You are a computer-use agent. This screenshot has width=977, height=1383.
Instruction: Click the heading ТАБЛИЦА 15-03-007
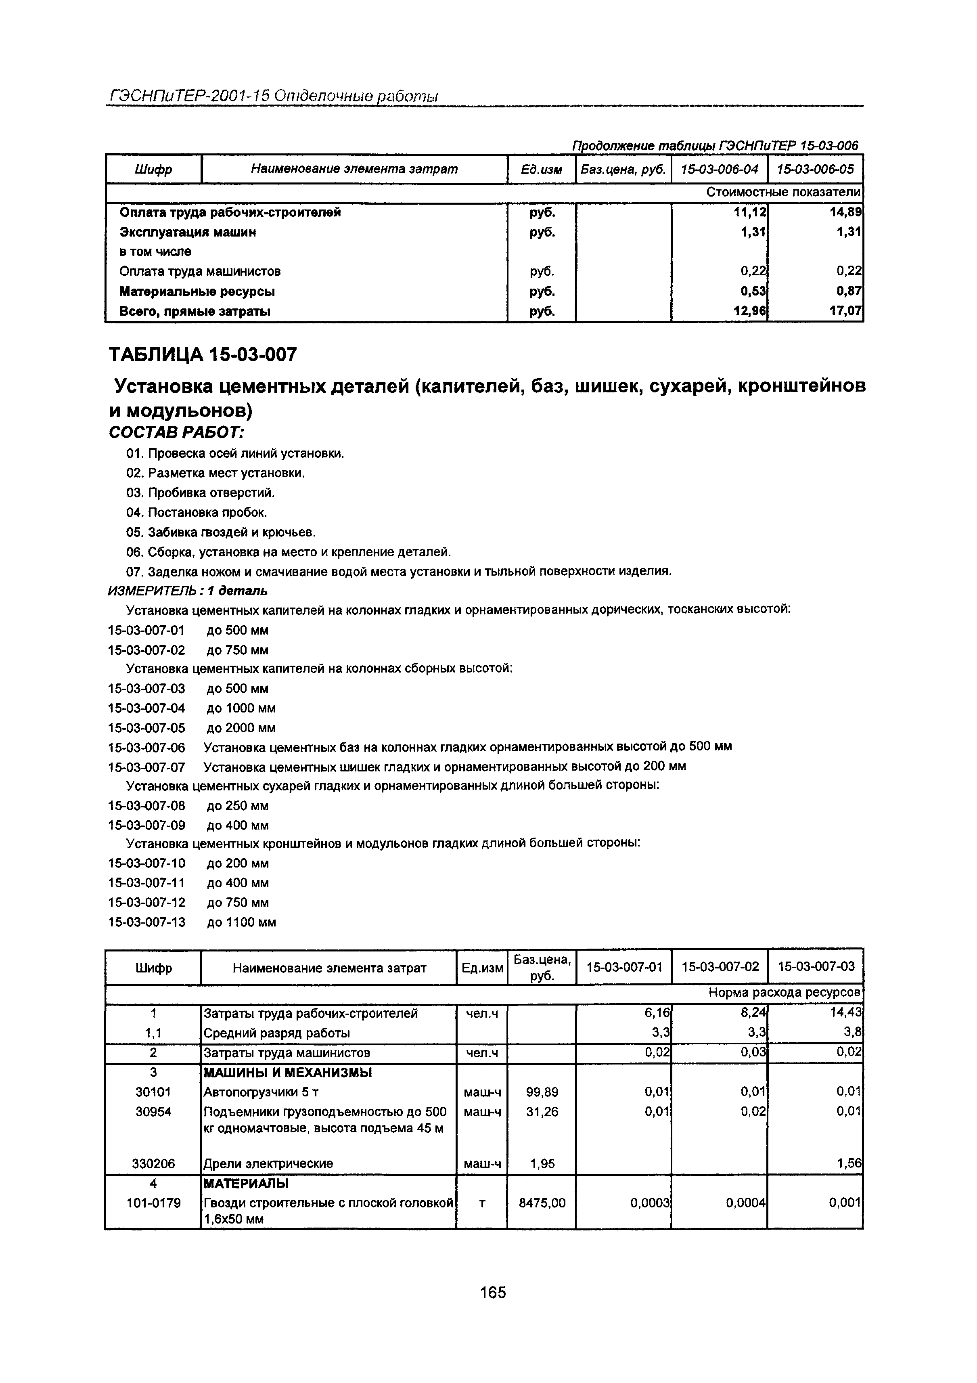203,355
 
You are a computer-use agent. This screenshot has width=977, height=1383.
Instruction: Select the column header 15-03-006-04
719,169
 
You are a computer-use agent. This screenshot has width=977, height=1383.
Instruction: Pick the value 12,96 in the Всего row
750,311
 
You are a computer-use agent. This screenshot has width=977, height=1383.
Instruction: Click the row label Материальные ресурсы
197,291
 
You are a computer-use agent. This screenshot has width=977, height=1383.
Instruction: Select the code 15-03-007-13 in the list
147,922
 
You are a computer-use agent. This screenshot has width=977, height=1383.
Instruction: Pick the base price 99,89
542,1092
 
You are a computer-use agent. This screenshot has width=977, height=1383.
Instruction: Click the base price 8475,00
542,1203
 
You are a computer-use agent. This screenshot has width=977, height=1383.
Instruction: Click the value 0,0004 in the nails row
746,1203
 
